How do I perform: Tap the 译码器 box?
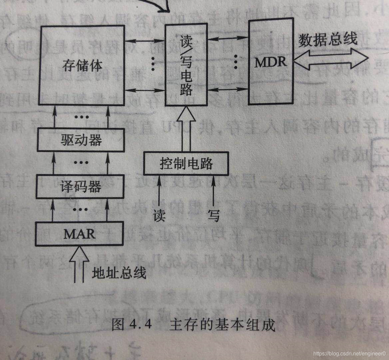[81, 187]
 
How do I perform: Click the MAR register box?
[79, 234]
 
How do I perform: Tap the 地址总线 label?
[119, 273]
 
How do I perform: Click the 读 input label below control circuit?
[159, 215]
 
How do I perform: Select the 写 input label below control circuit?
[213, 215]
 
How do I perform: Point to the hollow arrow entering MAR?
[79, 263]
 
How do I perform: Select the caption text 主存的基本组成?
[222, 324]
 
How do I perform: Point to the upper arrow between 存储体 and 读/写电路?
[145, 41]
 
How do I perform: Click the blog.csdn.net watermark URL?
[350, 353]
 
